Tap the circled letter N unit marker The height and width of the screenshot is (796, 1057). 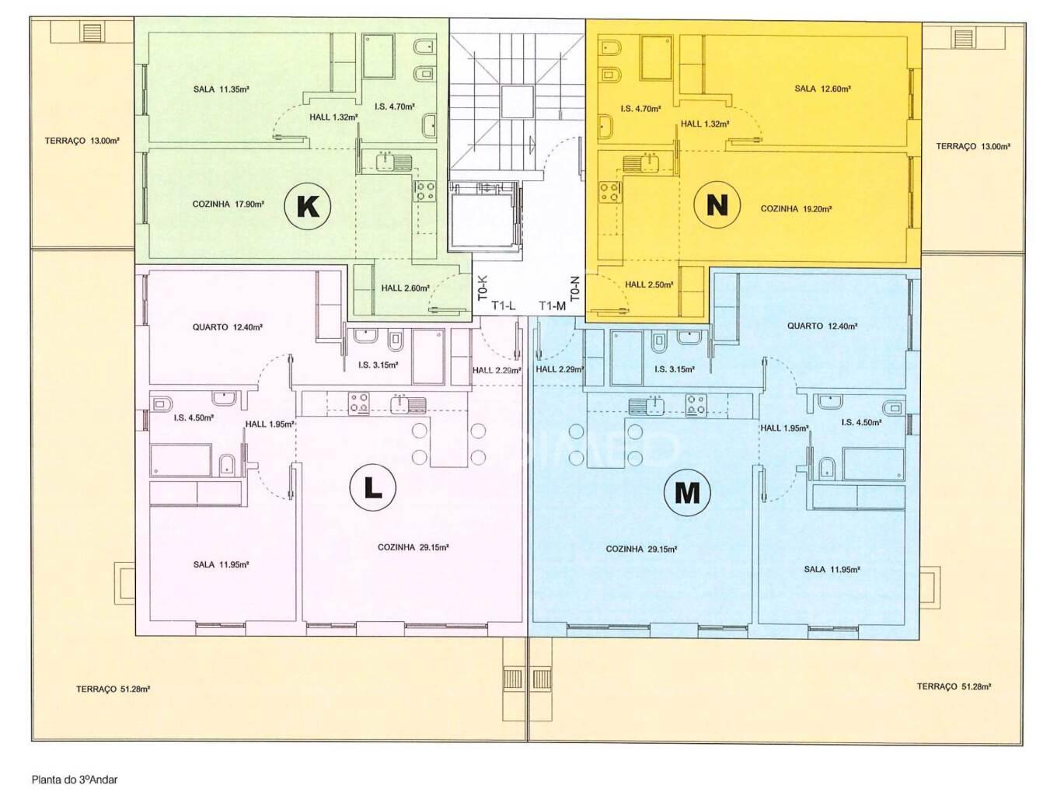pyautogui.click(x=717, y=205)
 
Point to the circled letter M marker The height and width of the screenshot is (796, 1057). pyautogui.click(x=687, y=492)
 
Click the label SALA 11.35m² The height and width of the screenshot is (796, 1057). pyautogui.click(x=221, y=89)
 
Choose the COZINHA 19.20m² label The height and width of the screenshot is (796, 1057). pyautogui.click(x=796, y=209)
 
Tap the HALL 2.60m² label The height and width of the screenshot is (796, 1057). pyautogui.click(x=405, y=288)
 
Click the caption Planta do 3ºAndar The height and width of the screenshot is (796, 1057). pyautogui.click(x=75, y=780)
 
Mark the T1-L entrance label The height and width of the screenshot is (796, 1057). pyautogui.click(x=503, y=305)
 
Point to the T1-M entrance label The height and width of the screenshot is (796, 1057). pyautogui.click(x=552, y=305)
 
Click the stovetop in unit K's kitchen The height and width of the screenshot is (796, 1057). pyautogui.click(x=424, y=190)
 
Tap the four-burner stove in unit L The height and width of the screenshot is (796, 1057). pyautogui.click(x=359, y=403)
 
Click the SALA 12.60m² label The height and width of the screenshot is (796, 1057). pyautogui.click(x=822, y=89)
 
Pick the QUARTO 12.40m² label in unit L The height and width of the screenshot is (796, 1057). pyautogui.click(x=227, y=327)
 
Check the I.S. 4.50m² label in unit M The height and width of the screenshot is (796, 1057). pyautogui.click(x=861, y=422)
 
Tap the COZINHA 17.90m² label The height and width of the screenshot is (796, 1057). pyautogui.click(x=228, y=204)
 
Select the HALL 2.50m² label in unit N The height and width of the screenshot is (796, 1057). pyautogui.click(x=649, y=285)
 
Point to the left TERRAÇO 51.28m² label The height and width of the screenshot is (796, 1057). pyautogui.click(x=113, y=689)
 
